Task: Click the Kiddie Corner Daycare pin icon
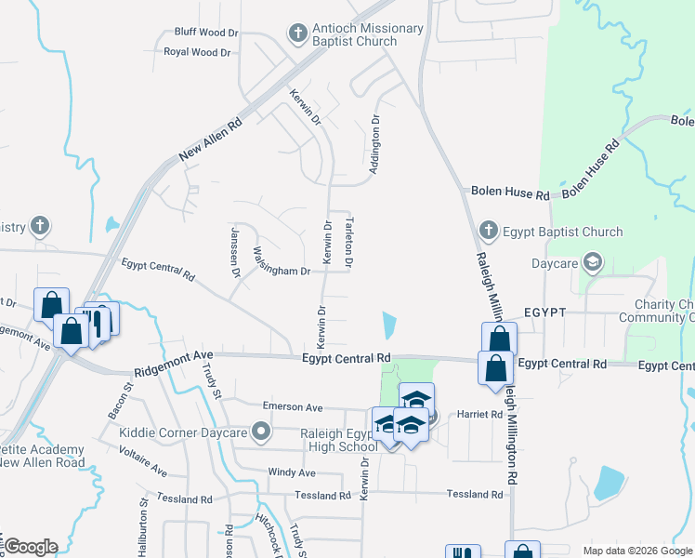pos(262,431)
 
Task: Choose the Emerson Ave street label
pos(292,407)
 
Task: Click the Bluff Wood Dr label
pos(206,32)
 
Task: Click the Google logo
pos(31,547)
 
